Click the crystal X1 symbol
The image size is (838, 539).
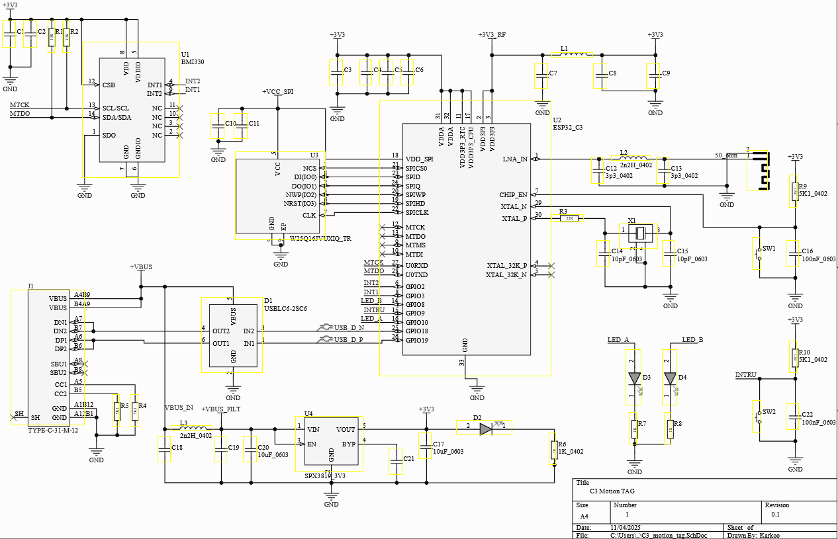(x=640, y=233)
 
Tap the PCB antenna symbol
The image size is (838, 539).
(x=760, y=171)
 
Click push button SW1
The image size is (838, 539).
(x=757, y=254)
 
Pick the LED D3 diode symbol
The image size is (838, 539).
(x=635, y=378)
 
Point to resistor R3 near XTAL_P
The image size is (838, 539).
(x=569, y=218)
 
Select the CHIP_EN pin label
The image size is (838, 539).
(x=514, y=194)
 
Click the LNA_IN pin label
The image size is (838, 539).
(x=515, y=159)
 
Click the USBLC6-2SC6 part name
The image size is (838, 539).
(x=285, y=308)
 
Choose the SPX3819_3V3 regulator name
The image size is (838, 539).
(x=325, y=476)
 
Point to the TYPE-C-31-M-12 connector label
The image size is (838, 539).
(x=53, y=430)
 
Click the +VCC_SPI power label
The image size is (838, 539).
(x=277, y=92)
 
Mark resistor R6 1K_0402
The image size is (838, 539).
(x=554, y=451)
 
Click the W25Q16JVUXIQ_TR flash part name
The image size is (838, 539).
(x=320, y=238)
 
